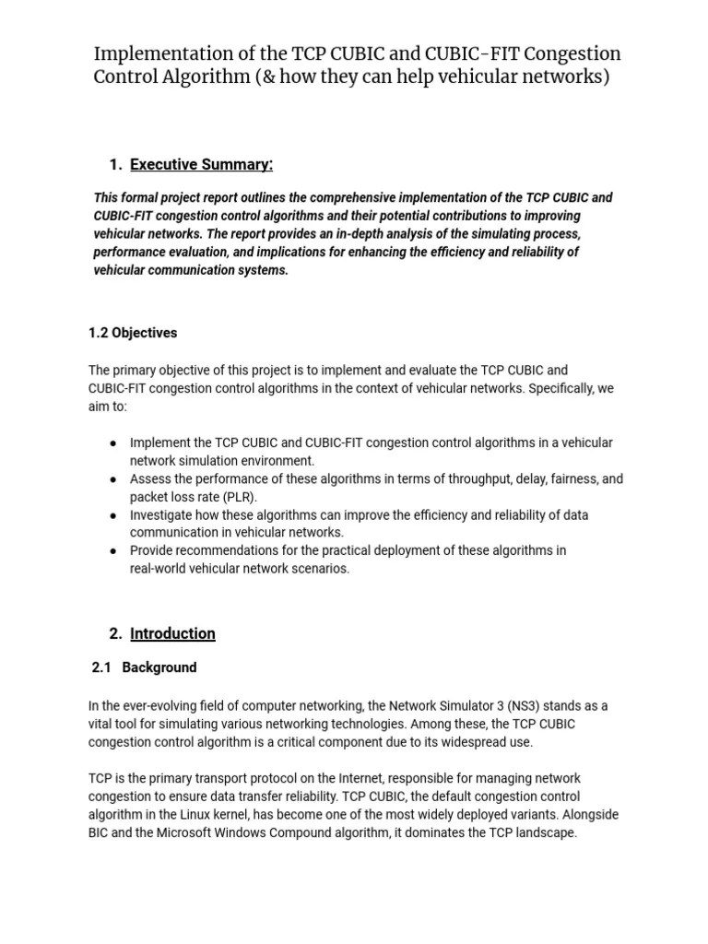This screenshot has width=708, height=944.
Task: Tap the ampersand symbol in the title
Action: [x=268, y=77]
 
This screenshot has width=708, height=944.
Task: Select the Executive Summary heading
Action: [x=201, y=165]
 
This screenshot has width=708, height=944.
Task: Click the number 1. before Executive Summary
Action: [x=115, y=165]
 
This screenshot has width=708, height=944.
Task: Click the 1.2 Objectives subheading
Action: [x=133, y=333]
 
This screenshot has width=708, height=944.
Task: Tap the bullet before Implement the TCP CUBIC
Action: [x=112, y=443]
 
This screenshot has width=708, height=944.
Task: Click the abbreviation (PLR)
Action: [x=236, y=497]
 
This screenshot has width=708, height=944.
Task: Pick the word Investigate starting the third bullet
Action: [x=162, y=515]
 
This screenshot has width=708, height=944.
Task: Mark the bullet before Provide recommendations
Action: [x=112, y=551]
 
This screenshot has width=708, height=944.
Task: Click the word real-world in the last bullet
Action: [x=161, y=569]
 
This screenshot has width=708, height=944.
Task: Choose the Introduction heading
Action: [x=172, y=633]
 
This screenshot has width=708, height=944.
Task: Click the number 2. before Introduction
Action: [x=115, y=633]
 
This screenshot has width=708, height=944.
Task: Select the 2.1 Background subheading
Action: [x=145, y=667]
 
